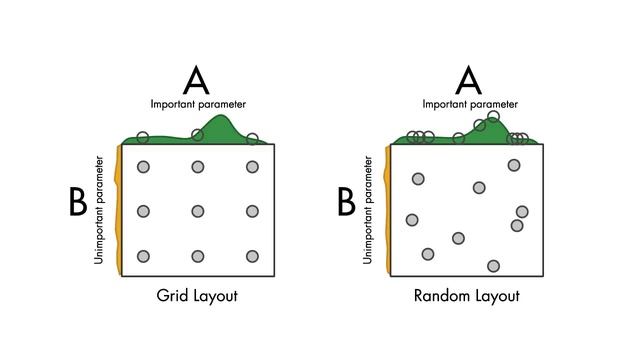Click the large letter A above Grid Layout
(198, 79)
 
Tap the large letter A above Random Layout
(469, 79)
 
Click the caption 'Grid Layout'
(198, 296)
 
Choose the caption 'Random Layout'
(467, 296)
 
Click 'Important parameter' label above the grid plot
(198, 104)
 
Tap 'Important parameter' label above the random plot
(469, 104)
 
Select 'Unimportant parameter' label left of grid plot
(99, 209)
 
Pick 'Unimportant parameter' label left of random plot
(368, 209)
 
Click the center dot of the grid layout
(198, 211)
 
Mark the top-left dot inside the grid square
(143, 166)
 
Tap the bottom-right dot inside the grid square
(252, 256)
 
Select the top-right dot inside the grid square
(252, 166)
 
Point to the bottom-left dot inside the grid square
(143, 256)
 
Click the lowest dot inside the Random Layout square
(493, 266)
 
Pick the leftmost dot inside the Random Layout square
(411, 220)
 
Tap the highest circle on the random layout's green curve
(493, 117)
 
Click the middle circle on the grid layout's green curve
(198, 134)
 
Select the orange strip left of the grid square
(119, 210)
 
